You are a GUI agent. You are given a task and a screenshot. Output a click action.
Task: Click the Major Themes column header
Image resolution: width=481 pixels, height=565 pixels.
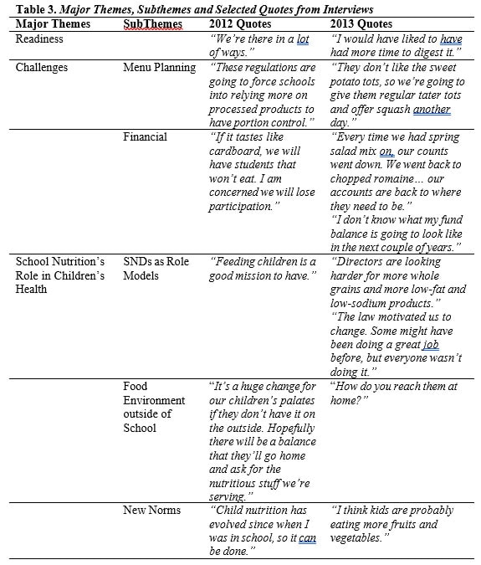click(x=49, y=23)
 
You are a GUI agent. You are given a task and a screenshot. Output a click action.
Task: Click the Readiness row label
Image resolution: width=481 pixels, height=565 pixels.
click(x=39, y=39)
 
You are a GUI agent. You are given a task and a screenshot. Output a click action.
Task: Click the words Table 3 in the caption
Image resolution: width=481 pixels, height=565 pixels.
click(x=33, y=8)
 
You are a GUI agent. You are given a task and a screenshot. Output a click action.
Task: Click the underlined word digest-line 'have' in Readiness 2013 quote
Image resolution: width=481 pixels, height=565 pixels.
click(x=451, y=39)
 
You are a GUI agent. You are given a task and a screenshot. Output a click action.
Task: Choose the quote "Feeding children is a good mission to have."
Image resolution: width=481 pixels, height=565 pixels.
click(x=262, y=268)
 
